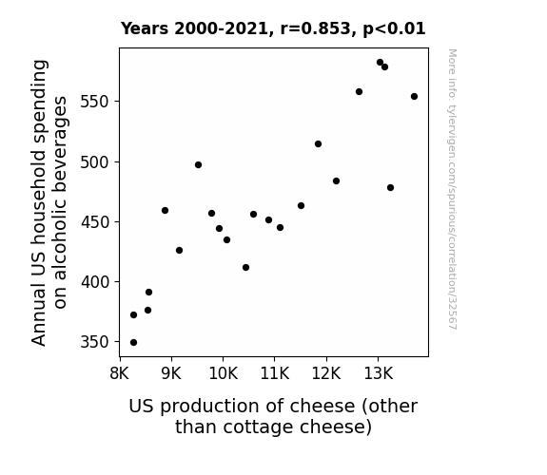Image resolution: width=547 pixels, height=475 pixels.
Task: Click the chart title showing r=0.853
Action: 273,28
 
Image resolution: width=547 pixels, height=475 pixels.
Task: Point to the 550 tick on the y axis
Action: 95,102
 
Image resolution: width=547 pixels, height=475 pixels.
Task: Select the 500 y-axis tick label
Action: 95,162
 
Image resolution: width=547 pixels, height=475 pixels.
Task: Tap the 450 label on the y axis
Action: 95,222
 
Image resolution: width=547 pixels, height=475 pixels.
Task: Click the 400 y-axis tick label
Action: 95,281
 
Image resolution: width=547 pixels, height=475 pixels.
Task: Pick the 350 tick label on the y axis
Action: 95,342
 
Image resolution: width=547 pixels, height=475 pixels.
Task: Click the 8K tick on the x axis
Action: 120,373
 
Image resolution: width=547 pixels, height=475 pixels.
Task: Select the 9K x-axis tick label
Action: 171,373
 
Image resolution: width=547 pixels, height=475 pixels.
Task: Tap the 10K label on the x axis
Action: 224,373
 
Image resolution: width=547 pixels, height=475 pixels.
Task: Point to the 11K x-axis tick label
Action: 275,373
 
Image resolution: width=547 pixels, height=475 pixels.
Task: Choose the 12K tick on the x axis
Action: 326,373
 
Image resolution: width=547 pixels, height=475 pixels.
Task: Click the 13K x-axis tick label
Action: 379,373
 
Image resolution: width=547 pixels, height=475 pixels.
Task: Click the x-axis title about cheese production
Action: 273,416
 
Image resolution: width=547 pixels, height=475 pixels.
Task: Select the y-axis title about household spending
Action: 49,202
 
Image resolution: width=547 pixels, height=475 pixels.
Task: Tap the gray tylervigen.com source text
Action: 452,189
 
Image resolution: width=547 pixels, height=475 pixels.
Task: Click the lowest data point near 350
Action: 133,343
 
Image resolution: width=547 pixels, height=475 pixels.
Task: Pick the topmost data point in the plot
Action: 380,63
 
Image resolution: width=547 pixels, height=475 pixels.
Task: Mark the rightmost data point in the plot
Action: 414,97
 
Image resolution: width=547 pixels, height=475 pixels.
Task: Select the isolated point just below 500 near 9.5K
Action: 198,165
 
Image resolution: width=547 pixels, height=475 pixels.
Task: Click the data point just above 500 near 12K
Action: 318,144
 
